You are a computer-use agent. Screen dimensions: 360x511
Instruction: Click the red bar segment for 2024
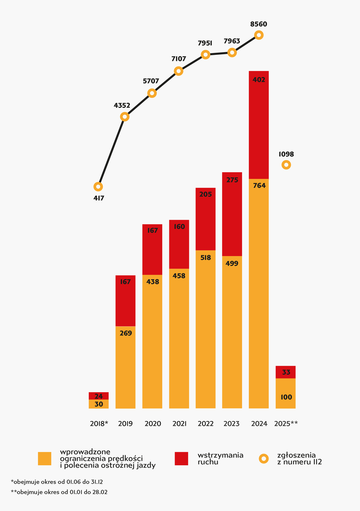259,125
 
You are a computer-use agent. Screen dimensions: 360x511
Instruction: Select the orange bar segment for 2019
125,367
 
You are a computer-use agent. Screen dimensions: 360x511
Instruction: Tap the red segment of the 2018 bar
98,396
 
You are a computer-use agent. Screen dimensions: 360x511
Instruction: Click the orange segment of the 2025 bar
286,393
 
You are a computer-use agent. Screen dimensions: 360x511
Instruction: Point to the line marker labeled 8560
259,35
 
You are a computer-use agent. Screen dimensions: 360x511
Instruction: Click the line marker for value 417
98,187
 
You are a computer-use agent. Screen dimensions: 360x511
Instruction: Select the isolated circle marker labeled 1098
286,165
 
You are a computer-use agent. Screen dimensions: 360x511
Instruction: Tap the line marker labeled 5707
151,93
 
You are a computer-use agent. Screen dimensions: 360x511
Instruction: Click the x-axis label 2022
206,424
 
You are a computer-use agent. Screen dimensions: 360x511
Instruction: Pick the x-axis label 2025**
286,424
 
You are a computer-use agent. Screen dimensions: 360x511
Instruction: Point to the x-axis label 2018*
99,424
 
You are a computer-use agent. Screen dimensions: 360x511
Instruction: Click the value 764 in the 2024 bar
259,185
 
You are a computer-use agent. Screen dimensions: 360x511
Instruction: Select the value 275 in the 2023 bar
232,180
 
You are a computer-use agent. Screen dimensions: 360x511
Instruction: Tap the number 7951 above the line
205,43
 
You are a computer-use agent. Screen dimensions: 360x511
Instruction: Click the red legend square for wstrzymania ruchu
181,458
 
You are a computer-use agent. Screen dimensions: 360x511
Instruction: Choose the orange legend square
45,458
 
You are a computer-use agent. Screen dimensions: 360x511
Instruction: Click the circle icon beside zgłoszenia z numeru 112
263,459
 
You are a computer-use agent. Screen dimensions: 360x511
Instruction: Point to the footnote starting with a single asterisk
57,482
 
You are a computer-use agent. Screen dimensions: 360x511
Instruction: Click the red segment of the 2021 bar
179,244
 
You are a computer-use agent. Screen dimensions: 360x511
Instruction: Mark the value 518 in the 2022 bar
206,257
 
